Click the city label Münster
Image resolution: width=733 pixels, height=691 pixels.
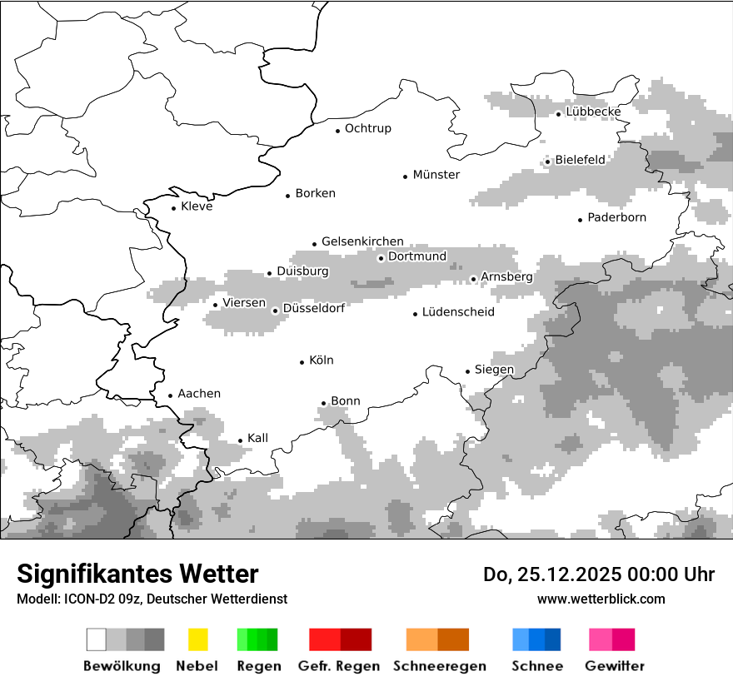(436, 175)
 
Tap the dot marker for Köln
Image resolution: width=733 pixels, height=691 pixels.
(302, 361)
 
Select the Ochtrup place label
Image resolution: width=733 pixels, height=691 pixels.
(368, 128)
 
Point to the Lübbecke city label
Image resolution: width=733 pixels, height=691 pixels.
(593, 112)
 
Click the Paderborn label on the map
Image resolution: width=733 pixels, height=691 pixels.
(617, 217)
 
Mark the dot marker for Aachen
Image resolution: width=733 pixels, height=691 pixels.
(170, 395)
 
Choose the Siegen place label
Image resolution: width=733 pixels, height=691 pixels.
(495, 370)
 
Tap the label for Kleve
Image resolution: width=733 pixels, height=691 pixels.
(197, 206)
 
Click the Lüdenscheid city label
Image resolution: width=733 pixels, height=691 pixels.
(458, 312)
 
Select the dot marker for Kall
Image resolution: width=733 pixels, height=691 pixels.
(240, 440)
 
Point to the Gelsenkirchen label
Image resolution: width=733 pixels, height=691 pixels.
(362, 241)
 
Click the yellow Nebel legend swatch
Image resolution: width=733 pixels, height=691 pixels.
(197, 639)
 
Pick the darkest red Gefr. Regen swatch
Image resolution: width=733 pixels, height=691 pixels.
(356, 639)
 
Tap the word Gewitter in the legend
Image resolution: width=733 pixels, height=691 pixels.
(614, 666)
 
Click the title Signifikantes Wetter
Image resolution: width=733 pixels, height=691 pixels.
(137, 574)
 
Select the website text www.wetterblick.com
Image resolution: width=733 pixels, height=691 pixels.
(601, 599)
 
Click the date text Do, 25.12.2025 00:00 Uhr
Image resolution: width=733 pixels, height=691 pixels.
(599, 574)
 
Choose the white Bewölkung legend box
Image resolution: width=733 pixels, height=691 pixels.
(97, 639)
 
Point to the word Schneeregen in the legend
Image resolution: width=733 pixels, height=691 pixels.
(439, 666)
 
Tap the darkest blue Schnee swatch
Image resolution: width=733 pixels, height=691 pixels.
(553, 639)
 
